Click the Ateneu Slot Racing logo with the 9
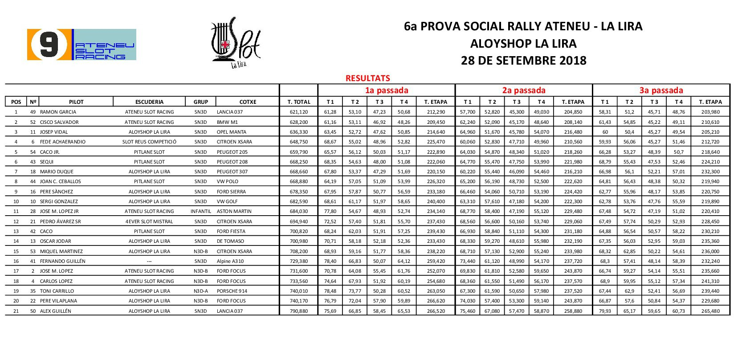click(x=82, y=45)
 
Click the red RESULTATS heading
click(x=367, y=78)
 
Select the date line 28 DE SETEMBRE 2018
click(x=523, y=61)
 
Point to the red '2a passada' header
click(x=524, y=90)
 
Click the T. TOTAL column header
click(x=299, y=102)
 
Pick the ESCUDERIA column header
click(x=149, y=102)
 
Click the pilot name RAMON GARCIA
click(x=58, y=112)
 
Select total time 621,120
click(x=299, y=112)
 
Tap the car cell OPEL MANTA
click(x=231, y=132)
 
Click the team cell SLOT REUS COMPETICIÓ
click(x=149, y=142)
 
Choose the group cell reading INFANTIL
click(x=200, y=212)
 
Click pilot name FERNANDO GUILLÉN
click(x=62, y=262)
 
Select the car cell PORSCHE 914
click(x=232, y=291)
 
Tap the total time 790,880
click(x=299, y=311)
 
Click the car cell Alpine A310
click(x=230, y=262)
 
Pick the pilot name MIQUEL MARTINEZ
click(x=61, y=252)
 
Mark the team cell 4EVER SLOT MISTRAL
click(x=149, y=222)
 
